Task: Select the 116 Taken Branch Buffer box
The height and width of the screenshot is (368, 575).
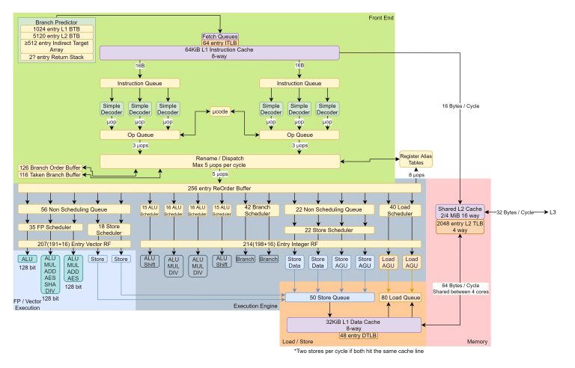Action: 49,174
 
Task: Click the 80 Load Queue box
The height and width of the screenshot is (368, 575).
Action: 400,298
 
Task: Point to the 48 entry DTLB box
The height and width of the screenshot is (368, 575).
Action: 335,336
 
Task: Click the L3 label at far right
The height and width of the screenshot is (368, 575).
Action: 554,212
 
